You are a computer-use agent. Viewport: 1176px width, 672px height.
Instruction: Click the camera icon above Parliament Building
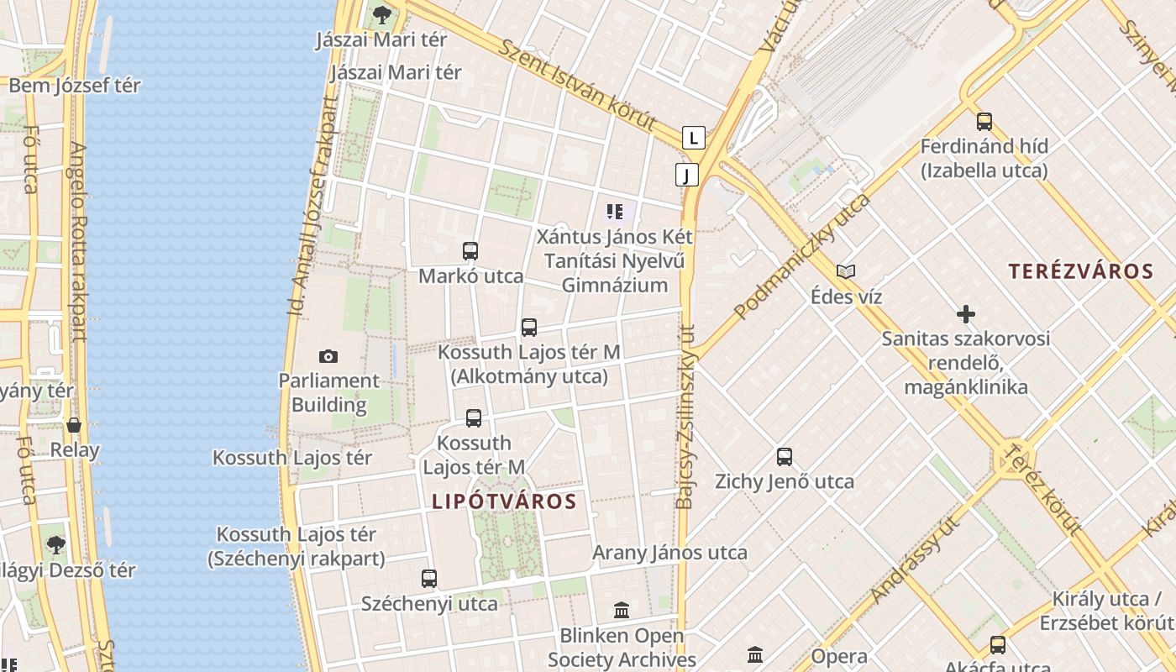pyautogui.click(x=328, y=356)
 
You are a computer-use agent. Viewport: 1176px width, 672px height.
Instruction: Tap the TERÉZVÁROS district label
pyautogui.click(x=1081, y=271)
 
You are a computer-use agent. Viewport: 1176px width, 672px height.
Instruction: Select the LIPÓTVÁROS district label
pyautogui.click(x=504, y=501)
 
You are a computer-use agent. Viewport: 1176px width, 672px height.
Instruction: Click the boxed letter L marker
pyautogui.click(x=693, y=137)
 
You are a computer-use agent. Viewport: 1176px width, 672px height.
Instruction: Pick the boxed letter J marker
pyautogui.click(x=687, y=175)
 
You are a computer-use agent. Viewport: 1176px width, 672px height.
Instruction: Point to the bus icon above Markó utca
pyautogui.click(x=470, y=250)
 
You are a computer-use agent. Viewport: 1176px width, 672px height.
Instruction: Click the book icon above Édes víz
pyautogui.click(x=845, y=271)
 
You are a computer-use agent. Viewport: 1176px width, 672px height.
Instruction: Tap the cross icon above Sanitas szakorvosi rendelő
pyautogui.click(x=966, y=314)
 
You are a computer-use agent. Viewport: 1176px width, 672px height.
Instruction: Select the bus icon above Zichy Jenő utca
pyautogui.click(x=785, y=457)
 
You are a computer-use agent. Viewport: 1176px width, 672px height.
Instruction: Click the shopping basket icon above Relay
pyautogui.click(x=74, y=425)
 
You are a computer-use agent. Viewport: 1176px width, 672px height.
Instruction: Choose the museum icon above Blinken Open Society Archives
pyautogui.click(x=622, y=610)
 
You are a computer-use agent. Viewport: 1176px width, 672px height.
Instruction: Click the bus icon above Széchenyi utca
pyautogui.click(x=429, y=578)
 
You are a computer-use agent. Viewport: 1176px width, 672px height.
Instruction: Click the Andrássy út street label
pyautogui.click(x=915, y=560)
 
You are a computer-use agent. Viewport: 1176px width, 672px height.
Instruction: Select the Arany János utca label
pyautogui.click(x=669, y=553)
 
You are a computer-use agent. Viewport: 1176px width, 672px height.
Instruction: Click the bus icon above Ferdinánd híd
pyautogui.click(x=984, y=122)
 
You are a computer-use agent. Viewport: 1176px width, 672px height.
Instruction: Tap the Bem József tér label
pyautogui.click(x=75, y=86)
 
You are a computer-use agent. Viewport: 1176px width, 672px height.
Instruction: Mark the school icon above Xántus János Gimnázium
pyautogui.click(x=615, y=212)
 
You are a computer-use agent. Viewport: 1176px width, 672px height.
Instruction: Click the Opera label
pyautogui.click(x=839, y=656)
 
